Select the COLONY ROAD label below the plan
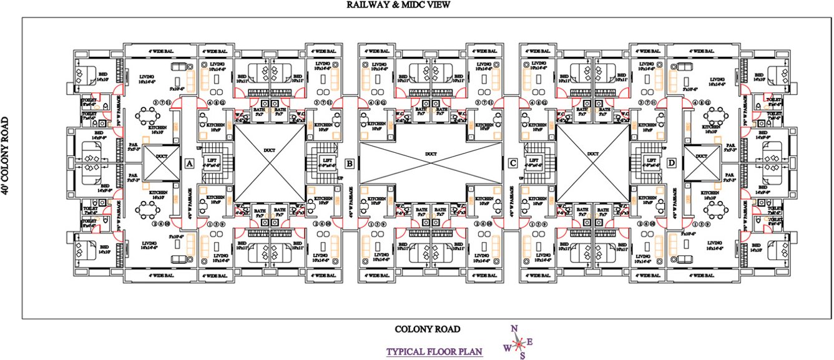point(427,329)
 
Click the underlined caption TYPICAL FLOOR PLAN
point(435,351)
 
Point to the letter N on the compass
point(514,329)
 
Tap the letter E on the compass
point(530,341)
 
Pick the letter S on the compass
point(522,356)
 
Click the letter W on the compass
point(507,348)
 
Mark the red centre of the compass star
point(518,343)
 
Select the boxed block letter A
point(188,163)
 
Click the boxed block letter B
point(350,163)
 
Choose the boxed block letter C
point(513,163)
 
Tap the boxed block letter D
point(672,163)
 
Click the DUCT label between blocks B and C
point(431,153)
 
